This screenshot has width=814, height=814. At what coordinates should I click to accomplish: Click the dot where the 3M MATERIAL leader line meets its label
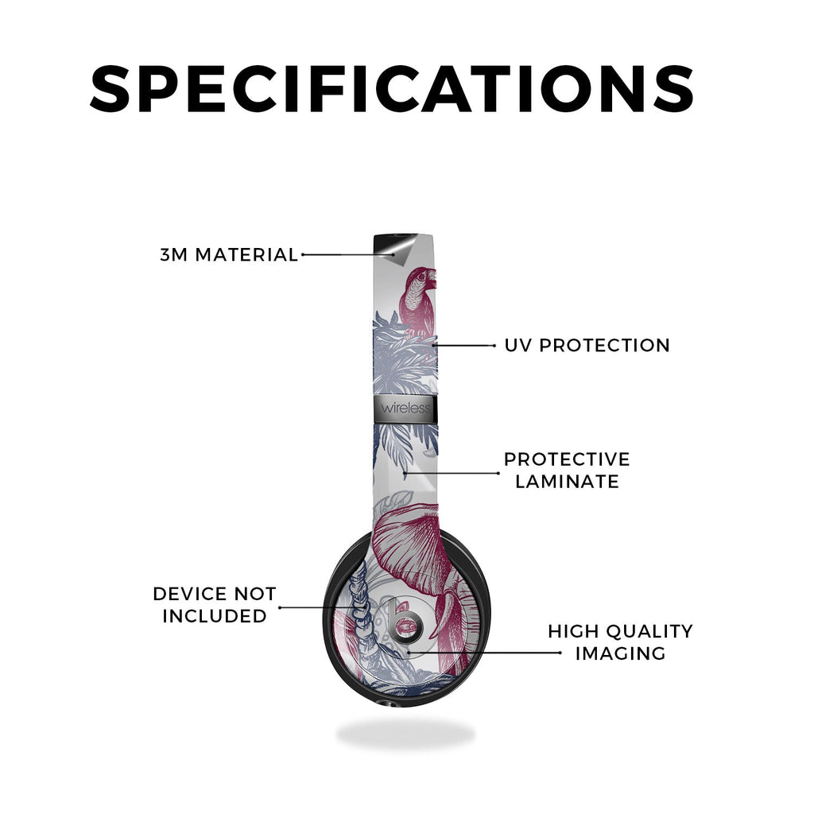303,254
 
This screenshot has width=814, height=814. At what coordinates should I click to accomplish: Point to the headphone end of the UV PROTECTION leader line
434,345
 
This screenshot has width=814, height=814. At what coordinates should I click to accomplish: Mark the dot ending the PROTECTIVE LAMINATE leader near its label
498,473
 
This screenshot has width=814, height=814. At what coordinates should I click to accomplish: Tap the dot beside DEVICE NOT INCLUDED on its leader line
280,607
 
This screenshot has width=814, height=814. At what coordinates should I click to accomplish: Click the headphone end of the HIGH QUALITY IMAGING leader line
409,651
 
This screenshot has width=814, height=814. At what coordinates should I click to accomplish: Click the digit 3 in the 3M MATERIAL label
165,255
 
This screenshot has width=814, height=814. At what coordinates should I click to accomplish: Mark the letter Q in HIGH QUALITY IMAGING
616,632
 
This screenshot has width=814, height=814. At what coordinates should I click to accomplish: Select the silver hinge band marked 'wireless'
405,408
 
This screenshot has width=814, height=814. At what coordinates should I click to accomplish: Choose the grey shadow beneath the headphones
405,734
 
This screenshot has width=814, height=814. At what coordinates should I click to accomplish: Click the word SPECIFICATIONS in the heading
392,88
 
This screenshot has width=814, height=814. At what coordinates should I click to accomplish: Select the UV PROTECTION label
587,345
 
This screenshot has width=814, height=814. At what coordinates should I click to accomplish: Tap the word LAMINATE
567,481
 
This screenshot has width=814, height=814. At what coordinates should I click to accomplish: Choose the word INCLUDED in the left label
215,616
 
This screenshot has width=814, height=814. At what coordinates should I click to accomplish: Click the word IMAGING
620,653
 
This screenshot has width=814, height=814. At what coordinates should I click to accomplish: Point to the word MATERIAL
246,255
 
